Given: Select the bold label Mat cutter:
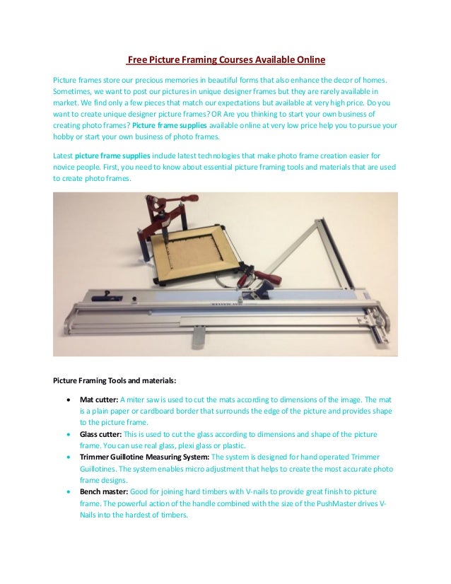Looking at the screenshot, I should point(99,399).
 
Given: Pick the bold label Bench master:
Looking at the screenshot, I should point(105,491).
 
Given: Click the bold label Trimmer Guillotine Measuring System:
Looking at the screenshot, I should point(144,457).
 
